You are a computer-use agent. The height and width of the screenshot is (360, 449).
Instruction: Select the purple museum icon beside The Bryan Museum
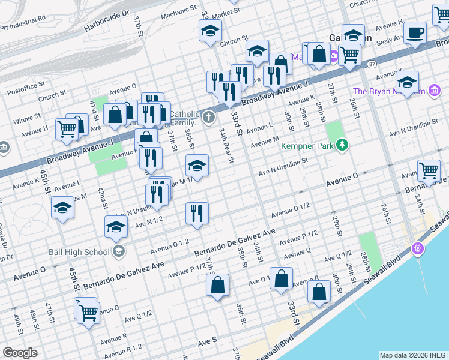pos(435,91)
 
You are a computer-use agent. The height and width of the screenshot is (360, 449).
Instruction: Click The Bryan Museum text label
pos(390,92)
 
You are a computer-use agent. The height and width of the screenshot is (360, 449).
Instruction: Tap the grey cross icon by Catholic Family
pos(208,117)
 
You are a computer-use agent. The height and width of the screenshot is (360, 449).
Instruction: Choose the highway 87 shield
pos(372,64)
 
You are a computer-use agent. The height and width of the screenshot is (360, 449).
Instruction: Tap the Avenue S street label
pos(207,341)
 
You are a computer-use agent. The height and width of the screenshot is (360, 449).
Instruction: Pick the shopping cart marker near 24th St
pos(429,170)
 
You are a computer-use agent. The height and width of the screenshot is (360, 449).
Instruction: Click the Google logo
pos(20,352)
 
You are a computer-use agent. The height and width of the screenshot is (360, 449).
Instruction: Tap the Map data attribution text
pos(413,355)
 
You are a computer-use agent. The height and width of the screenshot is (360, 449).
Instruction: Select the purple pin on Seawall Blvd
pos(418,247)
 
